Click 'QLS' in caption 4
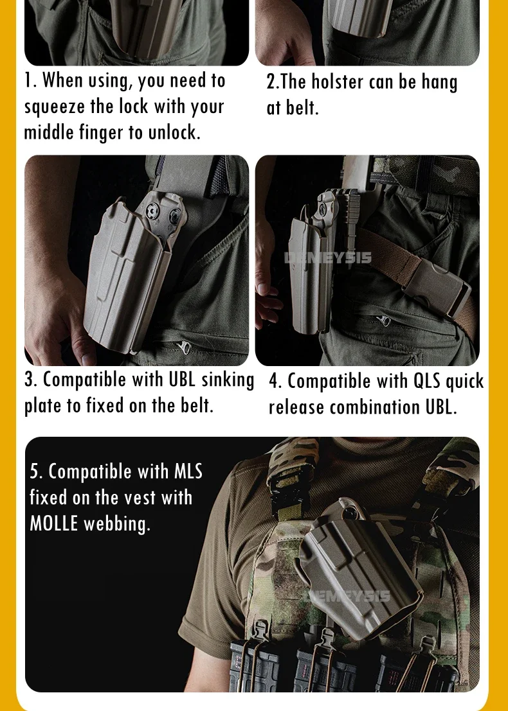[426, 382]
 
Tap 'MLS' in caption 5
[188, 471]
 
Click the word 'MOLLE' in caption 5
[54, 523]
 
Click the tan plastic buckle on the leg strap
[437, 290]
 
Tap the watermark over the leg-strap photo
[328, 258]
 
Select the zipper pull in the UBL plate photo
[185, 347]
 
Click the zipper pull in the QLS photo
[385, 320]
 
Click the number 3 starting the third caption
[30, 380]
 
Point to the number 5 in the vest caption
[35, 472]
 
